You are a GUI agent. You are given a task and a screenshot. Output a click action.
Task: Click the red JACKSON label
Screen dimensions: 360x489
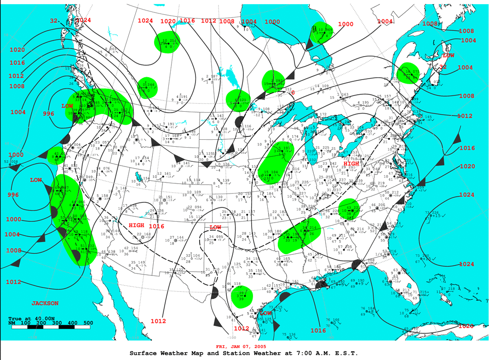[45, 303]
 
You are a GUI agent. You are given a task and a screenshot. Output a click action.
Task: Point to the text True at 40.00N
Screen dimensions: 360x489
[31, 318]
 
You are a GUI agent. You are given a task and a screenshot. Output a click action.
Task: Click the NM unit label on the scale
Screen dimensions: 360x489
[13, 323]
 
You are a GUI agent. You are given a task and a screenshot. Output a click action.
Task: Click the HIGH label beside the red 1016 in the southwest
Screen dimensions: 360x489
[137, 225]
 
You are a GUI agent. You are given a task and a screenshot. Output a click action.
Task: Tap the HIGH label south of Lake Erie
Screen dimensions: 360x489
[351, 164]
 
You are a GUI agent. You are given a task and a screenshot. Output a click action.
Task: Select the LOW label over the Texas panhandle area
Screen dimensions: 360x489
[215, 228]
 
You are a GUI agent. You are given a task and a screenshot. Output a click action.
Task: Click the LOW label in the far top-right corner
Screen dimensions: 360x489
[448, 55]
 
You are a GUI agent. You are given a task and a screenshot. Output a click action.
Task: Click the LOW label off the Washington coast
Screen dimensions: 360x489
[68, 106]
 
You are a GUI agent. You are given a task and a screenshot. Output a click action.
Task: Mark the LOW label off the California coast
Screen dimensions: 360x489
[36, 180]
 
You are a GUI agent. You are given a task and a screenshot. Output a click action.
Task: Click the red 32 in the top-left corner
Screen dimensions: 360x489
[54, 21]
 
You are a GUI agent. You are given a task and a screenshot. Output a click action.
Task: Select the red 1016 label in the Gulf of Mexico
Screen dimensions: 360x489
[318, 330]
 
